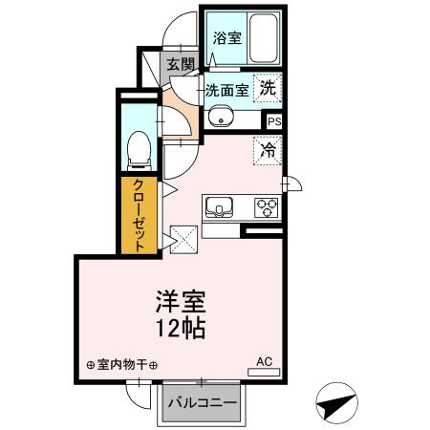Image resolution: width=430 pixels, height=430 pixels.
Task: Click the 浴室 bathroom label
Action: tap(226, 39)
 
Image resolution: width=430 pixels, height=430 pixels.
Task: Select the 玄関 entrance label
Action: tap(179, 65)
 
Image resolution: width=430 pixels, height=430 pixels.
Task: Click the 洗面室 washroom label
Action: tap(226, 91)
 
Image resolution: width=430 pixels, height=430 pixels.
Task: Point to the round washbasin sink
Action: tap(219, 118)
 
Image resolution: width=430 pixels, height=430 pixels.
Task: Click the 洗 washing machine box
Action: tap(269, 84)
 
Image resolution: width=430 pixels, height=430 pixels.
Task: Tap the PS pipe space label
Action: tap(274, 121)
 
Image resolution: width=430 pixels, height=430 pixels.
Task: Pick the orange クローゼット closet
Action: tap(140, 215)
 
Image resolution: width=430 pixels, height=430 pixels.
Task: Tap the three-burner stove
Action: tap(265, 206)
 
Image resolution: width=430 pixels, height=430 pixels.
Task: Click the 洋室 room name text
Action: tap(179, 303)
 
